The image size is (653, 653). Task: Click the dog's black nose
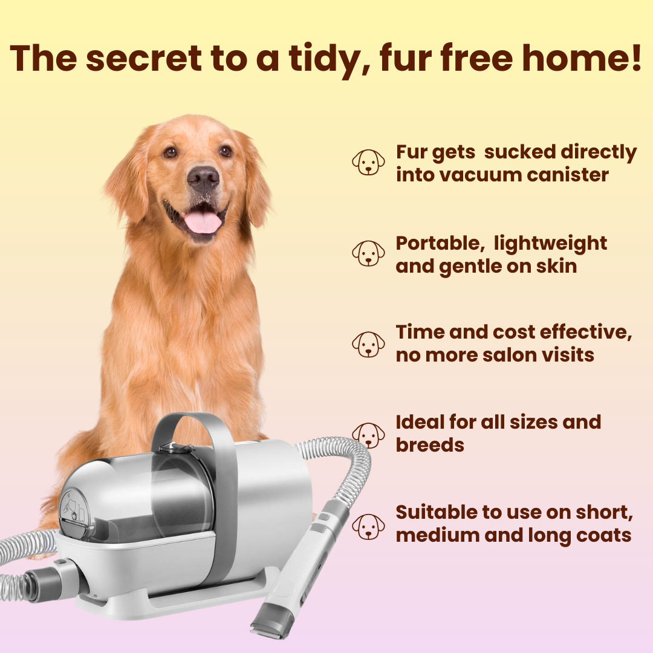pos(203,179)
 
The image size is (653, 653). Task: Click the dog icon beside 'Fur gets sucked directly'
pos(368,163)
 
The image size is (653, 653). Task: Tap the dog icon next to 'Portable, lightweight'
pos(368,253)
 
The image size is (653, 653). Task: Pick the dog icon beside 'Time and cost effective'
pos(368,343)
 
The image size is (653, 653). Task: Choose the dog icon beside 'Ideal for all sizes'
pos(368,434)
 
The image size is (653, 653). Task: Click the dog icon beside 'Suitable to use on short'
pos(368,525)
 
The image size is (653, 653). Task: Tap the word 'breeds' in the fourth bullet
pos(430,445)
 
